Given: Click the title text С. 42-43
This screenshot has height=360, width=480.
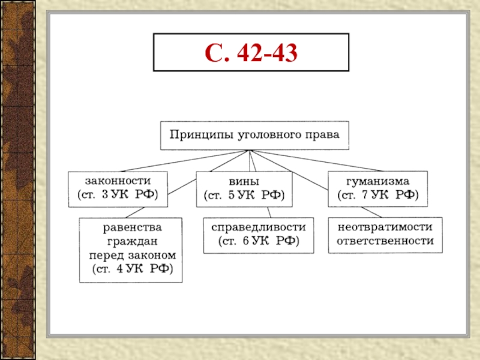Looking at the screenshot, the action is click(250, 54).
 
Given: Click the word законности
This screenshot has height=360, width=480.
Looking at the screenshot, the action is click(118, 181).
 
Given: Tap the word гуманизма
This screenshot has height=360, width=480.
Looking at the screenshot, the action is click(378, 181).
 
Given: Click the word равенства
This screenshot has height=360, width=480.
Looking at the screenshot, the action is click(131, 228).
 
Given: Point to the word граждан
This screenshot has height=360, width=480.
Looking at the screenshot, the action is click(131, 241).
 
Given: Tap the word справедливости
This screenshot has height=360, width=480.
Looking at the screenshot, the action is click(259, 228).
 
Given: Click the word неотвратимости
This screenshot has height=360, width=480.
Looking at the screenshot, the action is click(385, 228).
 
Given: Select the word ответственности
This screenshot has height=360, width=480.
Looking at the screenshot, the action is click(385, 241).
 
